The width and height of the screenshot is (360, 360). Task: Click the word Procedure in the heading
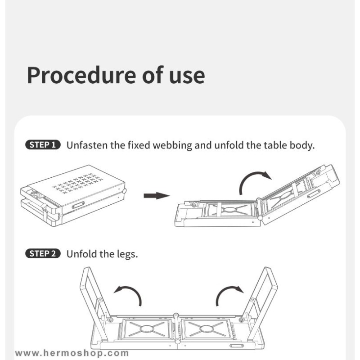pyautogui.click(x=81, y=75)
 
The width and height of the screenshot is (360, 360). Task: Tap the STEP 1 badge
pyautogui.click(x=43, y=145)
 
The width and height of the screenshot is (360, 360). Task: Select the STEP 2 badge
pyautogui.click(x=43, y=254)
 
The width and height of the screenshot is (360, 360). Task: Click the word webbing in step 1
pyautogui.click(x=172, y=145)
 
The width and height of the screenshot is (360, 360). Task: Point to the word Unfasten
pyautogui.click(x=87, y=145)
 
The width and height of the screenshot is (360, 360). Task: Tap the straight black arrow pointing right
pyautogui.click(x=157, y=196)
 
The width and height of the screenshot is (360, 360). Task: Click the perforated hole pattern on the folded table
pyautogui.click(x=77, y=183)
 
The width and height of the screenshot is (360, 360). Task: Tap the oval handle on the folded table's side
pyautogui.click(x=78, y=205)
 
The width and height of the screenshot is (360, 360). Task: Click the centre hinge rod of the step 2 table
pyautogui.click(x=176, y=329)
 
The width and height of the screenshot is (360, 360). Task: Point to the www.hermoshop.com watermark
pyautogui.click(x=72, y=353)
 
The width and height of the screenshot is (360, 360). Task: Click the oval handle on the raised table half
pyautogui.click(x=314, y=194)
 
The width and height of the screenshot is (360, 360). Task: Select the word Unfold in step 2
pyautogui.click(x=81, y=254)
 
